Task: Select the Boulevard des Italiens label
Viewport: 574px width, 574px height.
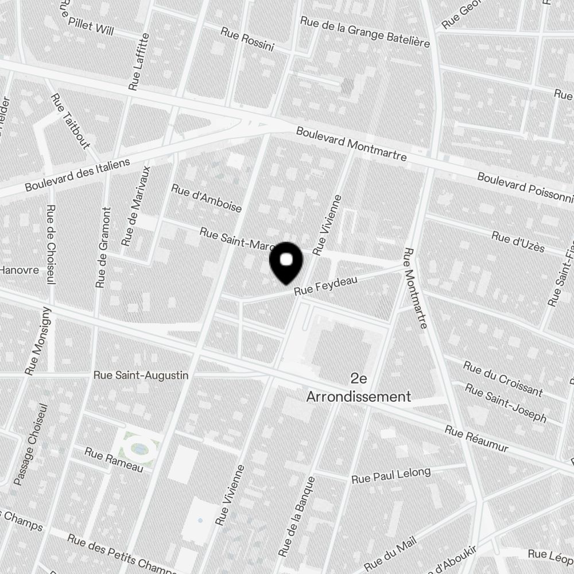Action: pyautogui.click(x=77, y=175)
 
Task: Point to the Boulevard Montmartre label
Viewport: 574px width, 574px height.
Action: pyautogui.click(x=351, y=144)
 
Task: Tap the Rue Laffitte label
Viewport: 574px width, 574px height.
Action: pyautogui.click(x=139, y=62)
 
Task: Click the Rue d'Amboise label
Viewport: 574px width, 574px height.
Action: pyautogui.click(x=206, y=198)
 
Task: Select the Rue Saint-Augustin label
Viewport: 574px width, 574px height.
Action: pyautogui.click(x=141, y=375)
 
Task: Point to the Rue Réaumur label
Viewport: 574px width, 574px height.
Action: pyautogui.click(x=476, y=439)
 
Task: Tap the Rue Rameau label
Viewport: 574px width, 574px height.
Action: pyautogui.click(x=113, y=459)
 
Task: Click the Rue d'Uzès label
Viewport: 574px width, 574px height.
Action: pyautogui.click(x=517, y=242)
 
